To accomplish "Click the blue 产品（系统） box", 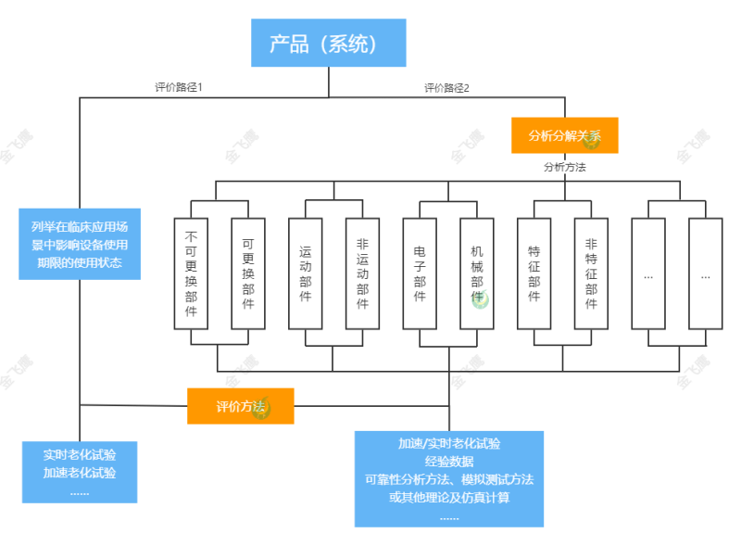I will (x=329, y=43).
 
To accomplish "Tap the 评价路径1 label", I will (x=179, y=87).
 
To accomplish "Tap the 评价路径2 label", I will (x=447, y=88).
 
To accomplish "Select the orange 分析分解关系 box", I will (x=565, y=135).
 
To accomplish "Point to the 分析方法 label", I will (x=564, y=168).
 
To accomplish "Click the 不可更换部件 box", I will (x=191, y=273).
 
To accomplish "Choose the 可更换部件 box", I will (x=248, y=273).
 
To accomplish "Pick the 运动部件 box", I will (x=306, y=273).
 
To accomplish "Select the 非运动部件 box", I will (x=362, y=273).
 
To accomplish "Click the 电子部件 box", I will (x=420, y=273).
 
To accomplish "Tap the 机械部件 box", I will (x=477, y=273).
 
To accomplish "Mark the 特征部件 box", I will (x=534, y=273).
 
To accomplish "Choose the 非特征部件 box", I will (x=591, y=273).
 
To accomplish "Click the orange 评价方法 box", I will (x=241, y=406).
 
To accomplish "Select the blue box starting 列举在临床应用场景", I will (x=80, y=244).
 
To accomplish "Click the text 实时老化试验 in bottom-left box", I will (x=80, y=455).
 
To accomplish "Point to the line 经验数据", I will (x=449, y=462).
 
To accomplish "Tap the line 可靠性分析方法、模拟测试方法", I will (x=449, y=479).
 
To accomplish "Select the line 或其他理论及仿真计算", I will (x=449, y=497).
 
